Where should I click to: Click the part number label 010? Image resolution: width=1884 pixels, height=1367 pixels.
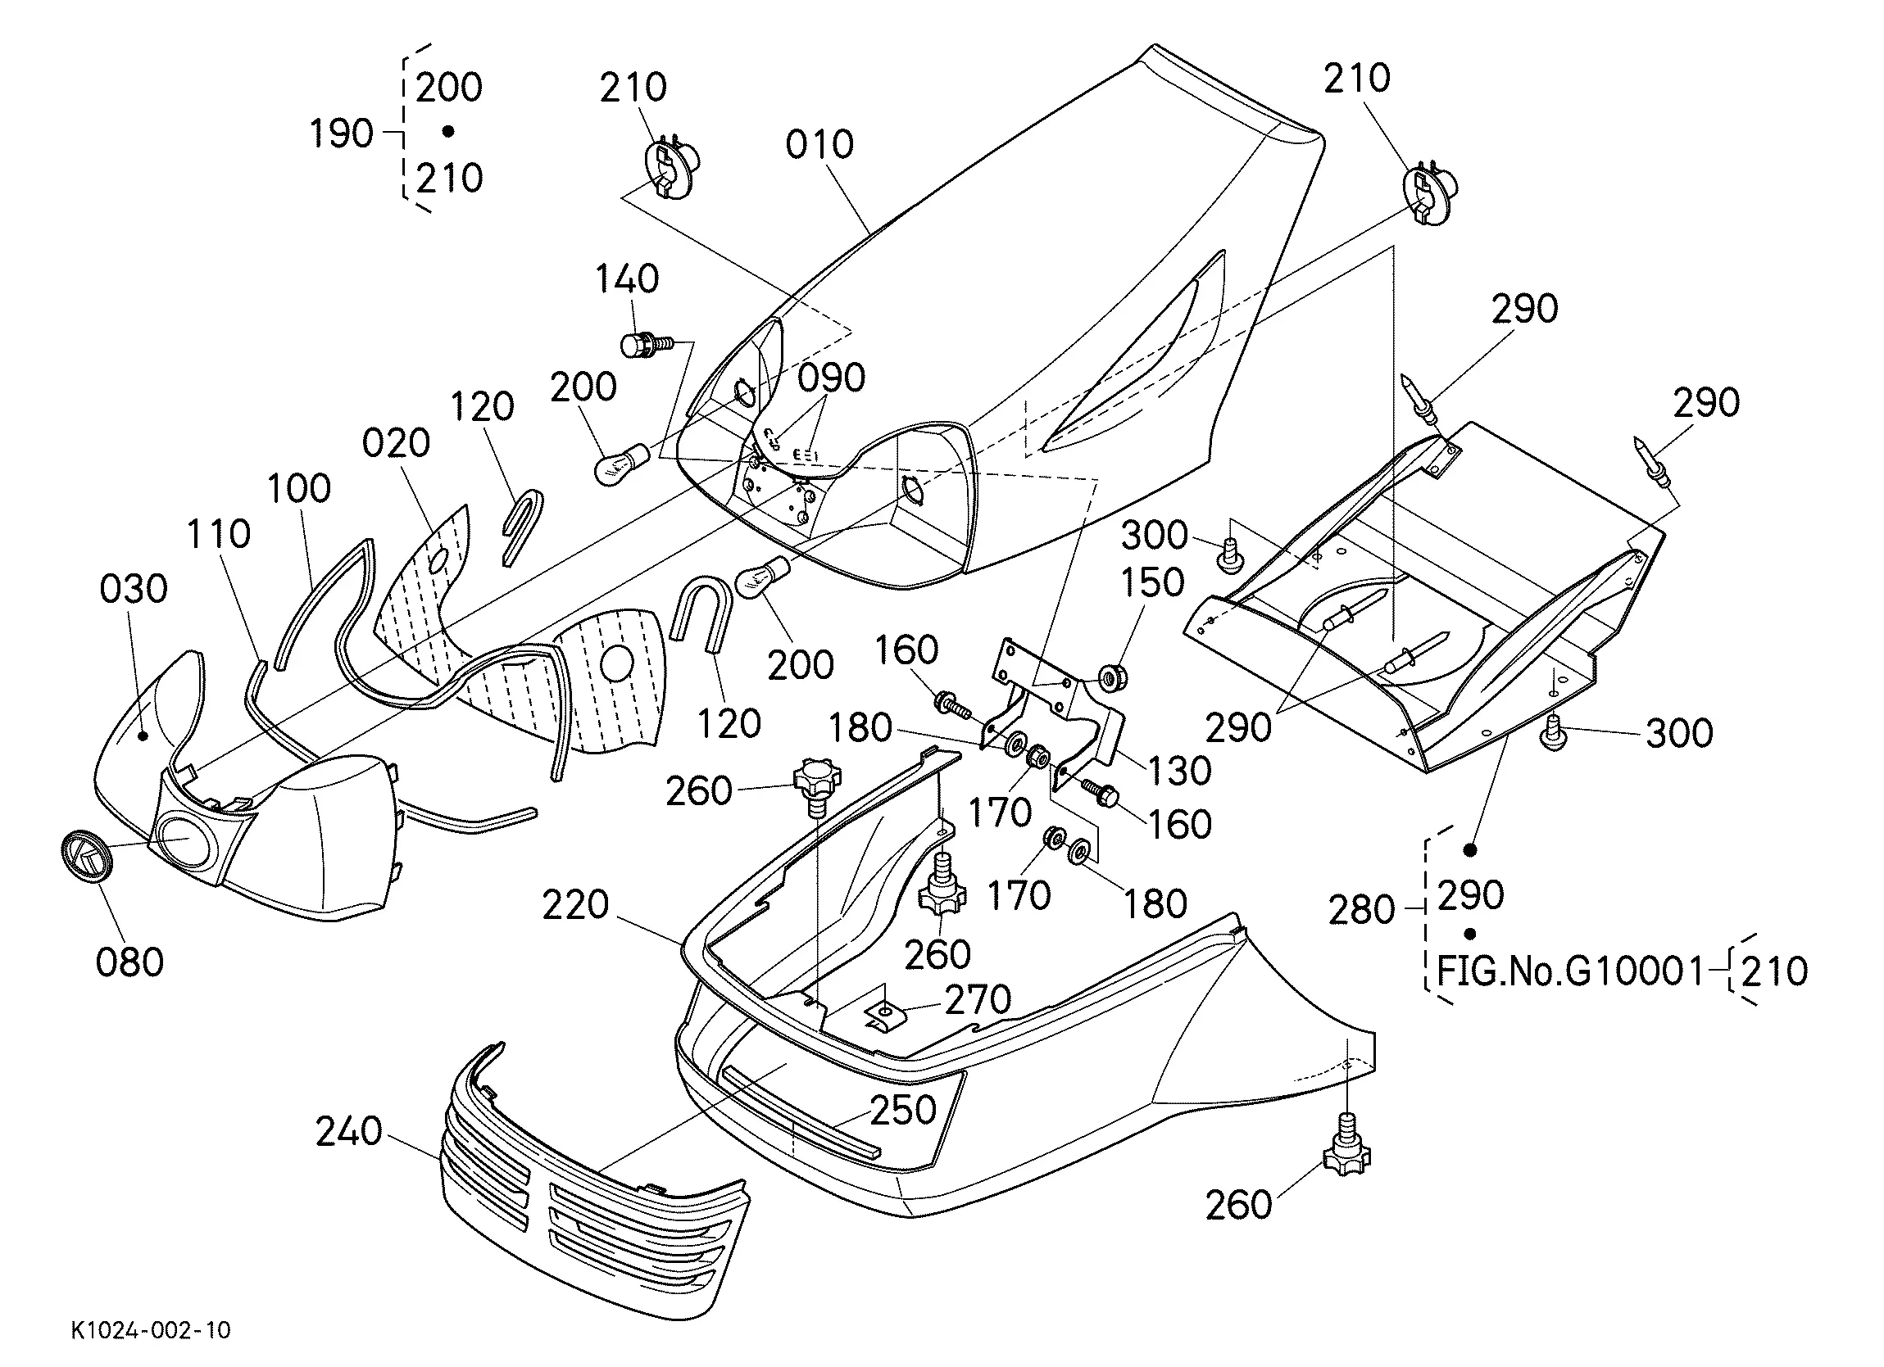819,144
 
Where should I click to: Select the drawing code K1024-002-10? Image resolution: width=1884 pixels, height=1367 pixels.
150,1330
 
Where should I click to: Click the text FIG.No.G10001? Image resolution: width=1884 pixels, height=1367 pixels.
1569,971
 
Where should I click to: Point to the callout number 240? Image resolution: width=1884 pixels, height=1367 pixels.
349,1131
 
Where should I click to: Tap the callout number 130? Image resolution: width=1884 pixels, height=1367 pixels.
1179,772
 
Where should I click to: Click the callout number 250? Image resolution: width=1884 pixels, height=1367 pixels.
904,1110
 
